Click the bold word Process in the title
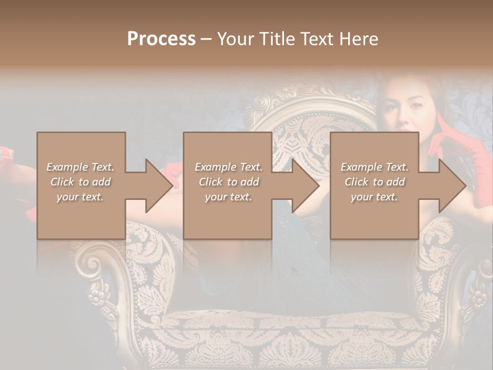(161, 39)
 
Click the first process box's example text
(81, 182)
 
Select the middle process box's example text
(228, 182)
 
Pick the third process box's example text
(374, 182)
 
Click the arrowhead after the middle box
(305, 186)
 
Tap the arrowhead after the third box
(451, 186)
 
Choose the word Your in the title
(234, 39)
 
